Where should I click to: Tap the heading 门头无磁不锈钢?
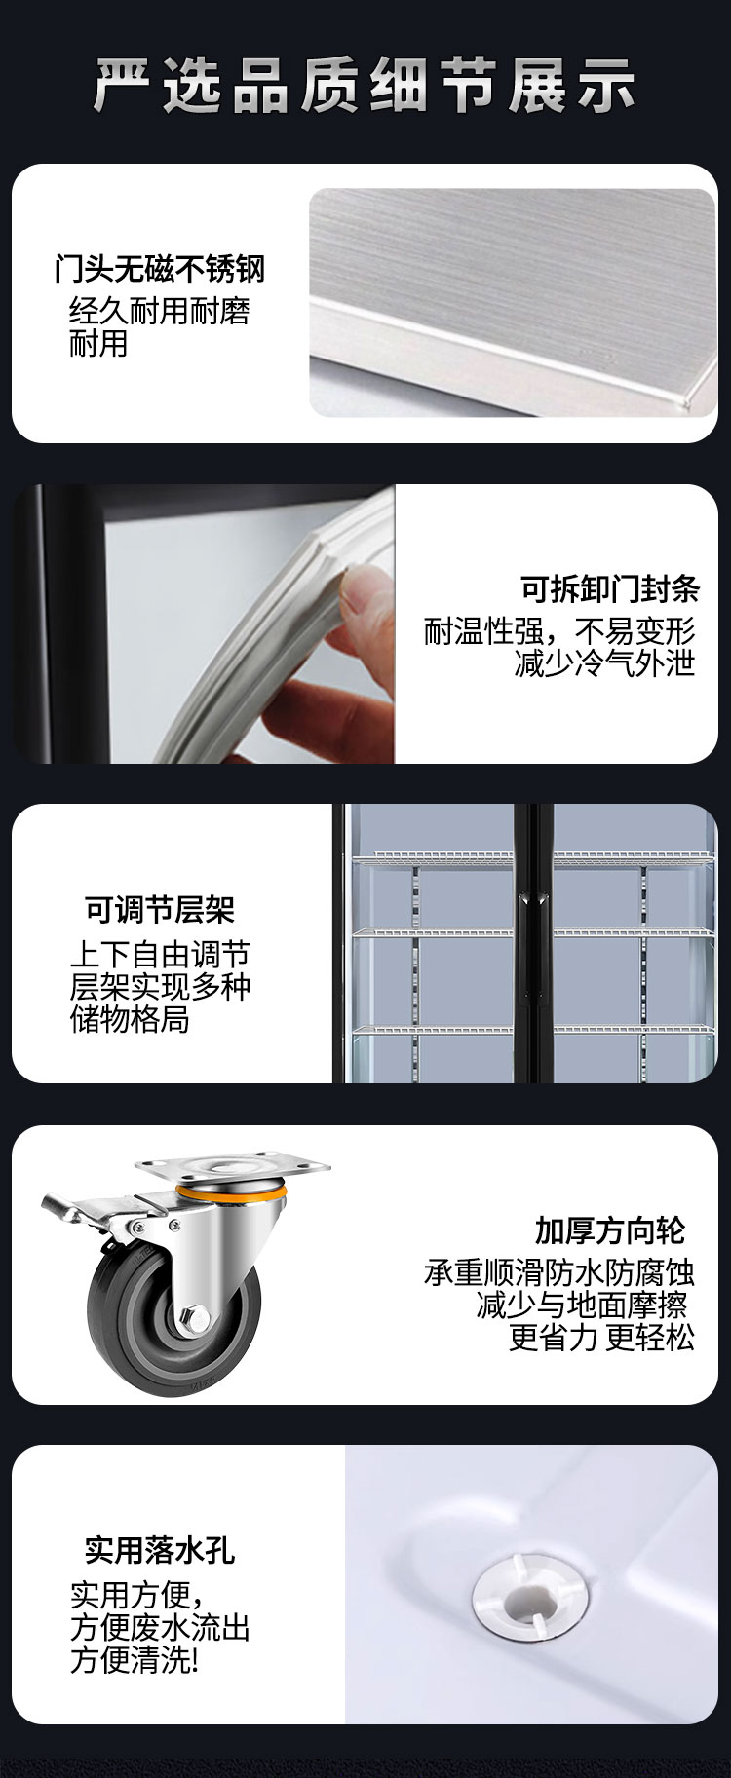(x=160, y=269)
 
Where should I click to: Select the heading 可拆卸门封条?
(x=610, y=589)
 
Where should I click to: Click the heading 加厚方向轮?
(x=610, y=1230)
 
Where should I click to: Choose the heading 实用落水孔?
(x=160, y=1550)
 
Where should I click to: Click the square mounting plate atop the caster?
(x=233, y=1166)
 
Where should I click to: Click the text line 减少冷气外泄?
(x=605, y=664)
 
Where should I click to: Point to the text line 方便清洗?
(x=135, y=1660)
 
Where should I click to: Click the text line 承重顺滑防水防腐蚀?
(x=559, y=1272)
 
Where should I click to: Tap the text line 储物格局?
(x=130, y=1020)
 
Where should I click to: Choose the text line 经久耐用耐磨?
(x=160, y=311)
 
